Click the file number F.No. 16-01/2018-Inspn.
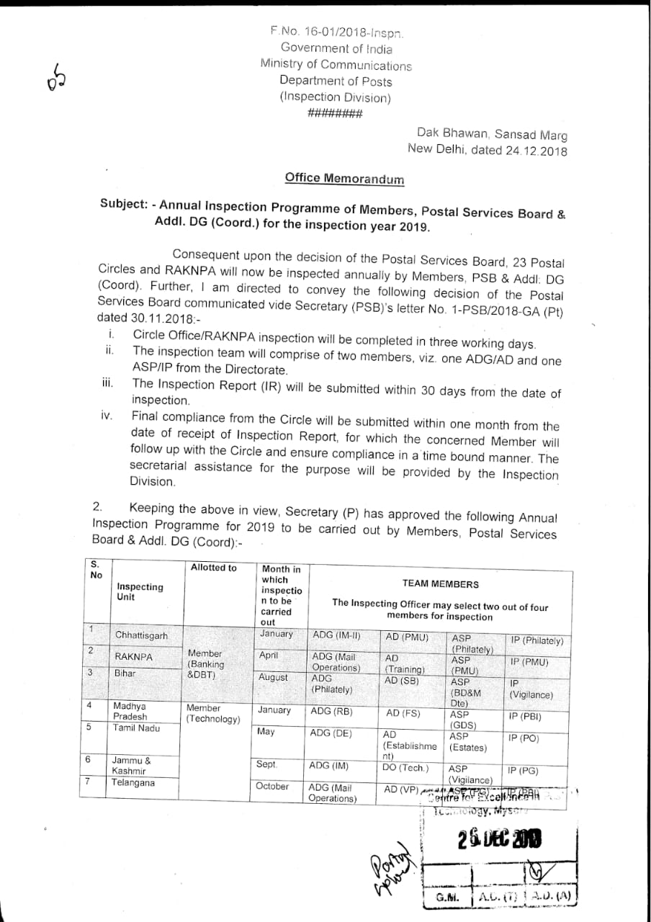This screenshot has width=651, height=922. pos(336,32)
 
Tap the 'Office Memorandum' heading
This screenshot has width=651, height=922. pos(344,178)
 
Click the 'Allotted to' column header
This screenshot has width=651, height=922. pos(213,568)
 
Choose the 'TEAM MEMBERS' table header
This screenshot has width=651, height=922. pos(440,584)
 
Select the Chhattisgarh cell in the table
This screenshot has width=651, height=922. pos(141,635)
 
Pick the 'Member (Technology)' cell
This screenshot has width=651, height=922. pos(213,714)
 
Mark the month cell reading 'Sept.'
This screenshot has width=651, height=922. pos(266,764)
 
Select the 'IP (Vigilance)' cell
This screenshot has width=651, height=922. pos(531,689)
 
